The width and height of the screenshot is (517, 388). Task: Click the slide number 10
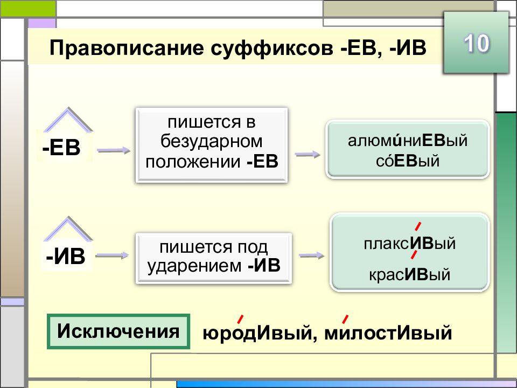(477, 43)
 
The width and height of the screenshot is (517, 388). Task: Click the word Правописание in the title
(127, 48)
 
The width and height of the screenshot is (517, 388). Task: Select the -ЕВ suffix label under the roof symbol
(61, 148)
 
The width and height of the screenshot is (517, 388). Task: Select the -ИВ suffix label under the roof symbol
(66, 257)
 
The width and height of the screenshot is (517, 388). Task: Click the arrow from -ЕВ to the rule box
(114, 150)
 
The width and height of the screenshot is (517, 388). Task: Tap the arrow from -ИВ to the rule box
(112, 255)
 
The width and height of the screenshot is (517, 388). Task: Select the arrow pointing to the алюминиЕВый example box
(308, 155)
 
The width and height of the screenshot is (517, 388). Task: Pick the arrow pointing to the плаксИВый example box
(312, 255)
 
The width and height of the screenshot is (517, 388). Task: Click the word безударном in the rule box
(211, 142)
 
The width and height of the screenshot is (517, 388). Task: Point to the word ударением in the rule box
(194, 266)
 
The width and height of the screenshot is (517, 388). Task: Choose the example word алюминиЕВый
(408, 140)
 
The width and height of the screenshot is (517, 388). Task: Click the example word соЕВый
(408, 161)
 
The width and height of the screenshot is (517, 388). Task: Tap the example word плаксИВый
(410, 244)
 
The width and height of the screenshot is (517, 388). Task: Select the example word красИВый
(410, 274)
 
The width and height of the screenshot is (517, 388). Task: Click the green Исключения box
(118, 331)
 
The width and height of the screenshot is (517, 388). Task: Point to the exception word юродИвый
(257, 332)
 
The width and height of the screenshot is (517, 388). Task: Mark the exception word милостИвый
(388, 332)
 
